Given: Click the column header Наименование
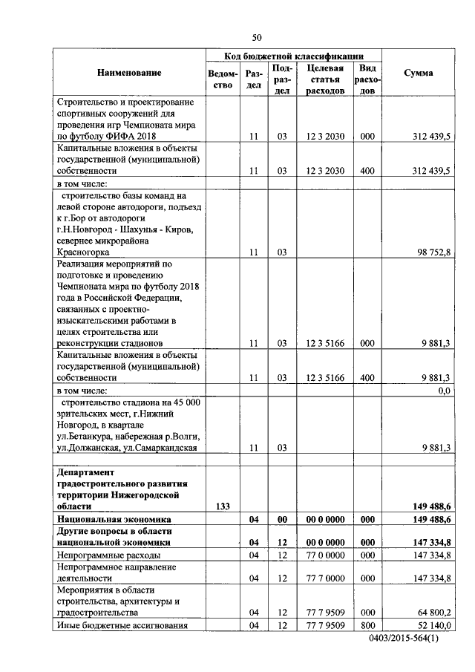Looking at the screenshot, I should (x=128, y=73).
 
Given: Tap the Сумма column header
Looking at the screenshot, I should (x=419, y=73).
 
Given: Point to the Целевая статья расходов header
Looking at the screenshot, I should (x=324, y=79).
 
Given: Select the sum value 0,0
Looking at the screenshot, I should (x=445, y=391).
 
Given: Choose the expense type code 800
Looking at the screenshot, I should (x=367, y=626).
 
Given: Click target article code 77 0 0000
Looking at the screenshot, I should (x=324, y=555).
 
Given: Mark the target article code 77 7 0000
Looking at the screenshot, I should (x=324, y=577).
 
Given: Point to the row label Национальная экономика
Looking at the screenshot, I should (x=114, y=519).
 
